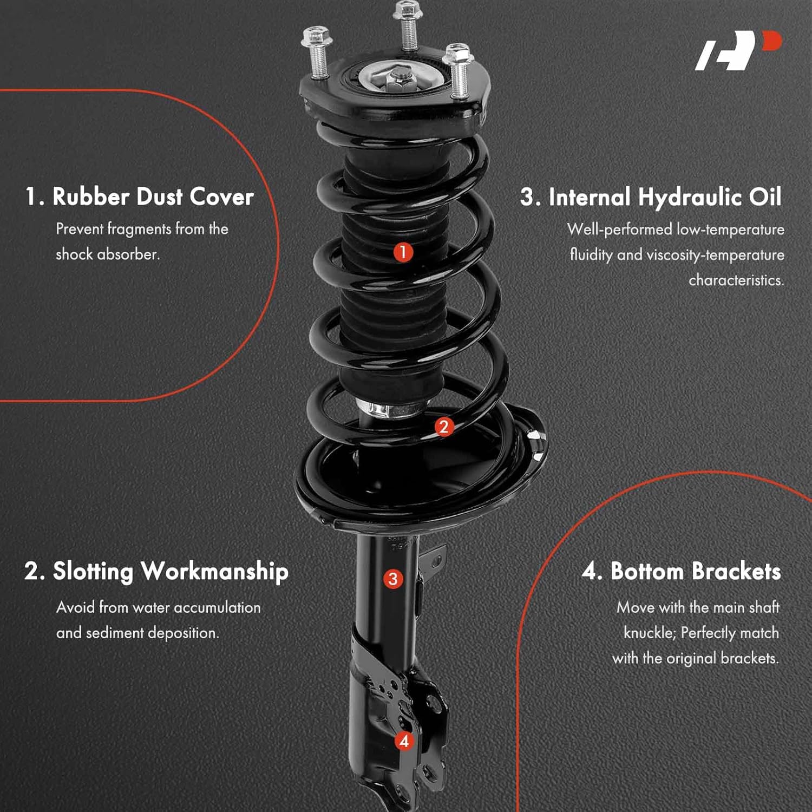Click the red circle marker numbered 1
(403, 252)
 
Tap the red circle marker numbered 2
(444, 427)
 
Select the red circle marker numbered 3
(393, 579)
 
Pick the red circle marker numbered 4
(404, 741)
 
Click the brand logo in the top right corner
(738, 51)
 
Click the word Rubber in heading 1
(90, 197)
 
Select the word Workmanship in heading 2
(214, 572)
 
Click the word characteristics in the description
(736, 280)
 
